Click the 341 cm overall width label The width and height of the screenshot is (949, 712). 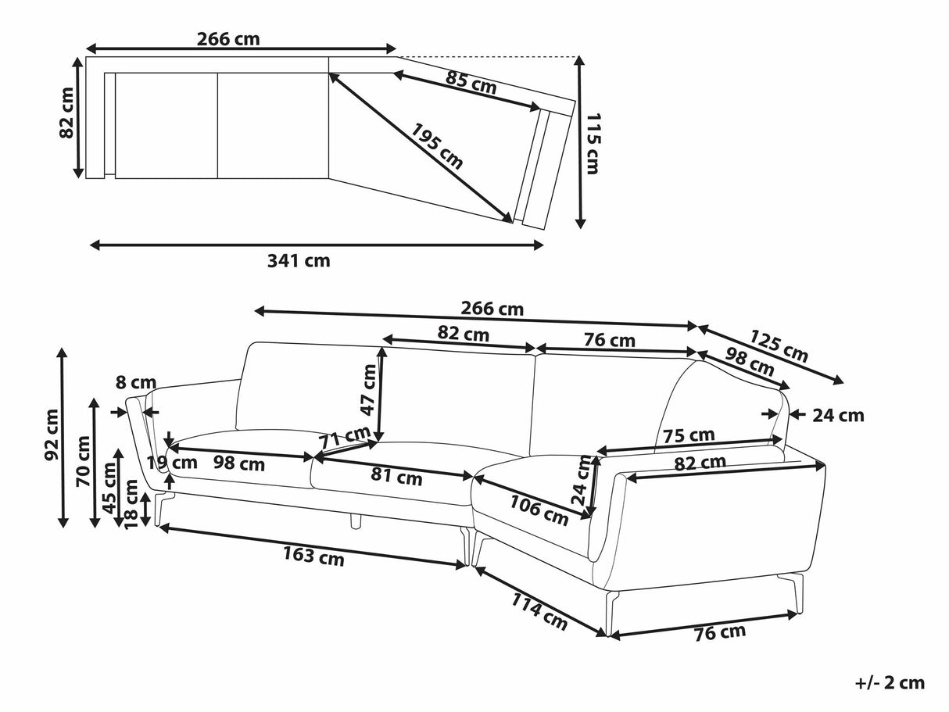coord(299,261)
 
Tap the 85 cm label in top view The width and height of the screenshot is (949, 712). coord(471,82)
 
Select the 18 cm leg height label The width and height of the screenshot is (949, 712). coord(131,503)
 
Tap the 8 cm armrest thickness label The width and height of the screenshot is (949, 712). coord(136,383)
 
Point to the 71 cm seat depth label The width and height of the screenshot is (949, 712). coord(344,436)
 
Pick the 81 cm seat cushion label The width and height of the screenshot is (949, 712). coord(396,474)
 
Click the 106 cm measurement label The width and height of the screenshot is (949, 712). coord(539,510)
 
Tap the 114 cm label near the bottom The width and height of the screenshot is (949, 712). coord(539,611)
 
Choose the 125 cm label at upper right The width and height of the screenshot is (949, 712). coord(779,345)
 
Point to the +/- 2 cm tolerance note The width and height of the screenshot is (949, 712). coord(890,683)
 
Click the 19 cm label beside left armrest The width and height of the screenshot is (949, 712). coord(172,462)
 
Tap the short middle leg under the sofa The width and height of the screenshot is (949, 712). coord(356,521)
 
